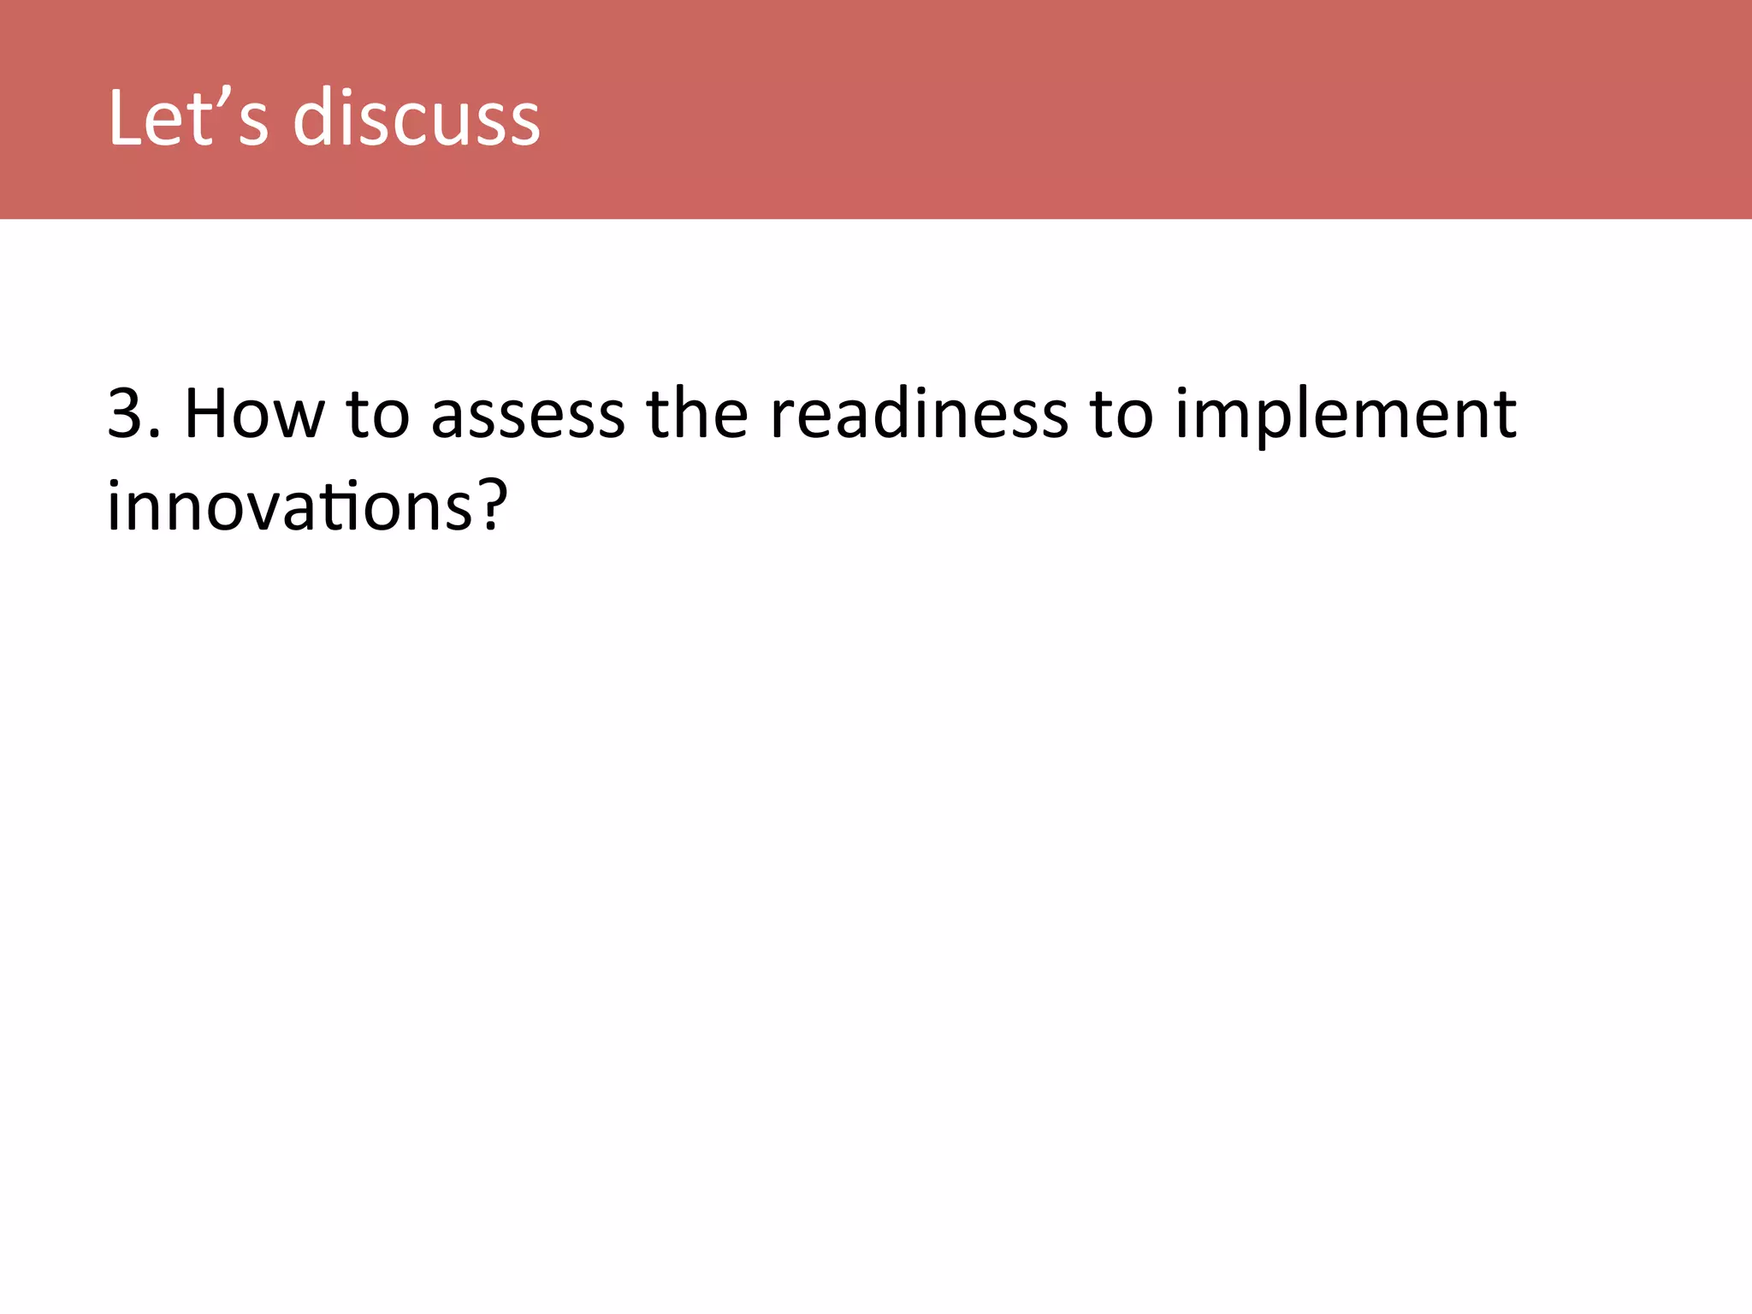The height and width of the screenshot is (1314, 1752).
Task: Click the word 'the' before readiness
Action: (697, 414)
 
